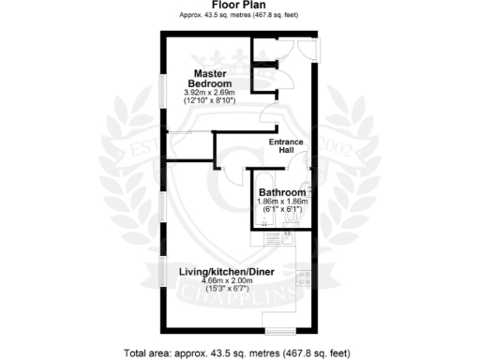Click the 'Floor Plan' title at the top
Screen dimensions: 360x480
pos(239,6)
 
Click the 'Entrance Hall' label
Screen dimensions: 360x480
pos(285,147)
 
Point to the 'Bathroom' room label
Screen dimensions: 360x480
pos(282,191)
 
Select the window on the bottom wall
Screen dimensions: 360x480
pos(279,330)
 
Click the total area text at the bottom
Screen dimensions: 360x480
pos(239,353)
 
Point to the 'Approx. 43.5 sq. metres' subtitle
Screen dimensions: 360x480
pos(239,16)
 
